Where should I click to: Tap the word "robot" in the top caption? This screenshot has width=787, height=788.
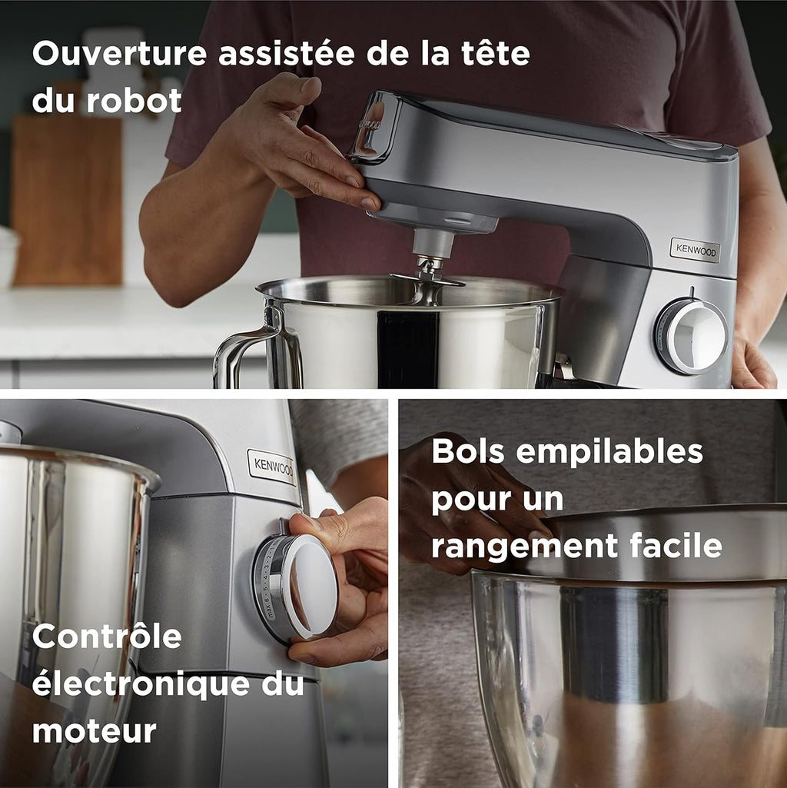coord(134,101)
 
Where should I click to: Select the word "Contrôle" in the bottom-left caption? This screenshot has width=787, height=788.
coord(107,637)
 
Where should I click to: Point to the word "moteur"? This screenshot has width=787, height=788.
coord(95,730)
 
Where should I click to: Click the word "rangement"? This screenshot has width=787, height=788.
coord(520,547)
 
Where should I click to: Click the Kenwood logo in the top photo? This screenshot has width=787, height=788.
coord(695,250)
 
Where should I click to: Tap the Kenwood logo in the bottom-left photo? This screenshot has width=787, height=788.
coord(271,467)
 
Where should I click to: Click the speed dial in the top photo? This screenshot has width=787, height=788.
coord(692,336)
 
